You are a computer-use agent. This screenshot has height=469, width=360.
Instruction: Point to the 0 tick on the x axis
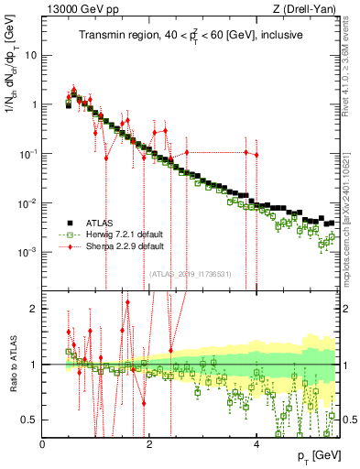43,445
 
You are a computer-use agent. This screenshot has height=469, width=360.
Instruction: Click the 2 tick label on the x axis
150,445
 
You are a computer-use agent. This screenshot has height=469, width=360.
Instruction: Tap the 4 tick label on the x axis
257,445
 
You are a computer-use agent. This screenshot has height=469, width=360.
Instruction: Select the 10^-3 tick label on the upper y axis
27,251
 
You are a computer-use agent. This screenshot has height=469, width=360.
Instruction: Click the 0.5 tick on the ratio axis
30,420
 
